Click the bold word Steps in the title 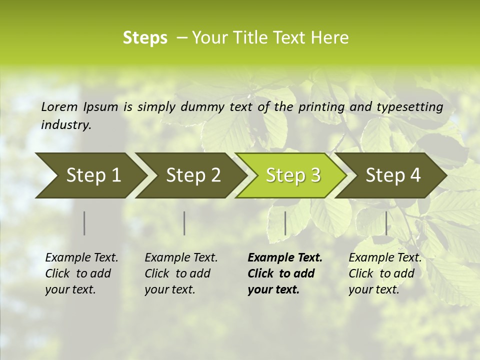[145, 38]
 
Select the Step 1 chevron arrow [90, 175]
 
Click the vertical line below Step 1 [84, 223]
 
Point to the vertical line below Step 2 [184, 223]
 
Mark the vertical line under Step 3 [285, 223]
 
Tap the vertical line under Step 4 [386, 223]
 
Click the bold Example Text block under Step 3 [285, 273]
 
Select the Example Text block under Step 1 [81, 273]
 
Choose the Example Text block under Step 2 [181, 273]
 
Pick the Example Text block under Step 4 [385, 273]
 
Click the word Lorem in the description [59, 107]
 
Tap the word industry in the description [66, 125]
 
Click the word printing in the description [320, 107]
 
